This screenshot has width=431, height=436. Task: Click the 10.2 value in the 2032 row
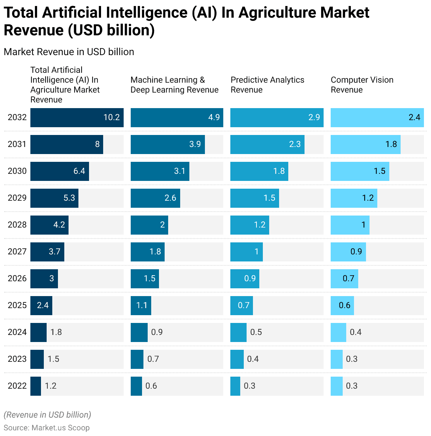coord(111,117)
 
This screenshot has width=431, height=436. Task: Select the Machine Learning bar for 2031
coord(167,144)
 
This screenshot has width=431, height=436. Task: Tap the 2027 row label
coord(17,252)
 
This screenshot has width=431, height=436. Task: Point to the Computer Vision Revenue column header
coord(362,85)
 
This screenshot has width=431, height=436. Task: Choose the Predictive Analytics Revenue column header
coord(267,85)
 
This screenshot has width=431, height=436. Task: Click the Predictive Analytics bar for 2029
coord(254,198)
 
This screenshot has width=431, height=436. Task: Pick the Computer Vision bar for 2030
coord(360,171)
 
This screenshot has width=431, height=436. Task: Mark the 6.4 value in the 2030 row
coord(79,171)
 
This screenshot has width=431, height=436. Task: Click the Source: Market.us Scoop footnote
coord(47,428)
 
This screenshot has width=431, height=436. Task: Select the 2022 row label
coord(17,386)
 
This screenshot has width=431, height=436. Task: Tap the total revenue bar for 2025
coord(41,305)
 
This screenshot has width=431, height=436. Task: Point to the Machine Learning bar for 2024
coord(139,332)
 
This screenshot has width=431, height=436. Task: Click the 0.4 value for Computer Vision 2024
coord(355,332)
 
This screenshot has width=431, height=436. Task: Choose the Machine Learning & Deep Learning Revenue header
coord(175,85)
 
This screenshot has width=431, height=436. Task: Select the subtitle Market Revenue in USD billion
coord(69,52)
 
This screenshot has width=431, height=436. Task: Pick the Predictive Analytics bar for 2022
coord(235,386)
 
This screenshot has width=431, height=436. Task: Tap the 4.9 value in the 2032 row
coord(214,117)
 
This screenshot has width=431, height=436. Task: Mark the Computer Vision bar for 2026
coord(344,278)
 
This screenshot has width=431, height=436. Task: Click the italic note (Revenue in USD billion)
coord(47,415)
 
